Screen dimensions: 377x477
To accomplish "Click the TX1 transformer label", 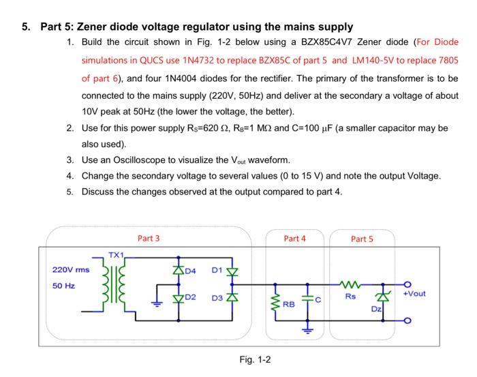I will pos(117,254).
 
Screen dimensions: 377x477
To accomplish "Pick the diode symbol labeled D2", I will pos(179,298).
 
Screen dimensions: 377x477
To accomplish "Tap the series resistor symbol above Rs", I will pos(350,284).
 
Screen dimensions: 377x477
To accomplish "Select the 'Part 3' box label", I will pos(149,238).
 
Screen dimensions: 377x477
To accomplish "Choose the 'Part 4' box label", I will pos(294,238).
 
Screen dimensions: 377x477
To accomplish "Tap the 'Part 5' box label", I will pos(362,239).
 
